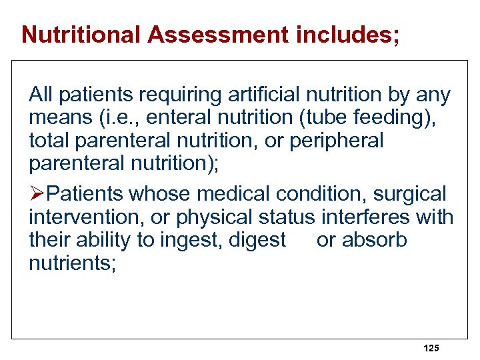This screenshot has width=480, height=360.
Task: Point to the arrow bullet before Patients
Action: tap(37, 194)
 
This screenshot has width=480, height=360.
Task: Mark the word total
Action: tap(49, 141)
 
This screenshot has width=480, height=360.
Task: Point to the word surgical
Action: tap(409, 194)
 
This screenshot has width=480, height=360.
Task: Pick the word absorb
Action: tap(373, 240)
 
